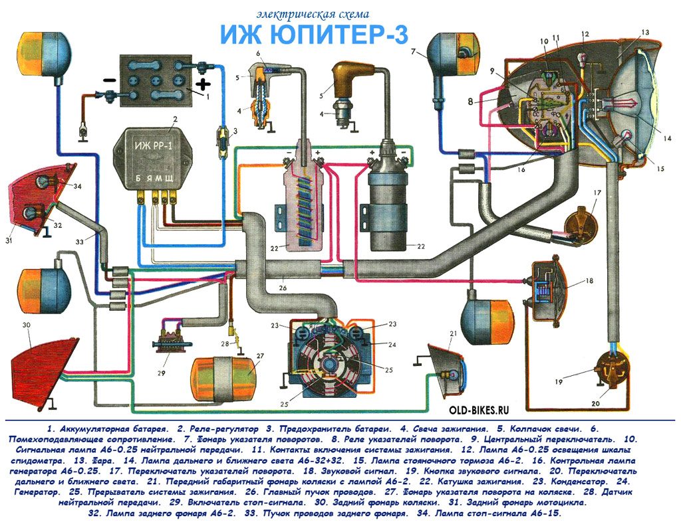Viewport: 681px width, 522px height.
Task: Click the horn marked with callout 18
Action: point(549,285)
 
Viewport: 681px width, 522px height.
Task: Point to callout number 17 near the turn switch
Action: point(597,195)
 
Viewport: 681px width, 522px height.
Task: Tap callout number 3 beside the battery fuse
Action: point(234,131)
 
